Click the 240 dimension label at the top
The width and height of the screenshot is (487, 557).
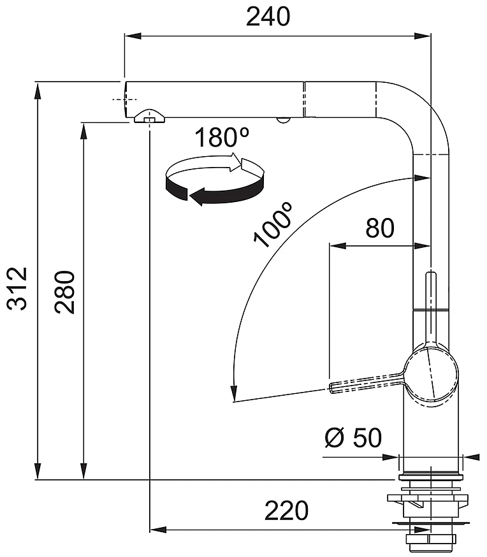pyautogui.click(x=268, y=17)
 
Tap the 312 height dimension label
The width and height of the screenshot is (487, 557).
pyautogui.click(x=17, y=289)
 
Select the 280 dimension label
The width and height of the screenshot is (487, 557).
pyautogui.click(x=64, y=292)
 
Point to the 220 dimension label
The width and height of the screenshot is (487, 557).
pyautogui.click(x=286, y=510)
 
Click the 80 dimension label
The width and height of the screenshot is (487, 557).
pyautogui.click(x=380, y=228)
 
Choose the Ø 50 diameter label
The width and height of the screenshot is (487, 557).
pyautogui.click(x=353, y=438)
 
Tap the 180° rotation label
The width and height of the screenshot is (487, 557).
pyautogui.click(x=222, y=138)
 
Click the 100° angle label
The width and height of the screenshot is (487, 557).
pyautogui.click(x=273, y=224)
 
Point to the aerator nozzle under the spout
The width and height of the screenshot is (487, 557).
pyautogui.click(x=150, y=117)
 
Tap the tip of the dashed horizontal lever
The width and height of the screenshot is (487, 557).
pyautogui.click(x=331, y=387)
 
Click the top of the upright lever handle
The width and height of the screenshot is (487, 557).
pyautogui.click(x=431, y=274)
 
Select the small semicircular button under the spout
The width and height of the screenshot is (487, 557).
pyautogui.click(x=283, y=120)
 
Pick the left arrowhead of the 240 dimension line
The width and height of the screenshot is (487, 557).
pyautogui.click(x=133, y=36)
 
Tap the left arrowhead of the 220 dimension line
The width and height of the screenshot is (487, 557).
pyautogui.click(x=159, y=530)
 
